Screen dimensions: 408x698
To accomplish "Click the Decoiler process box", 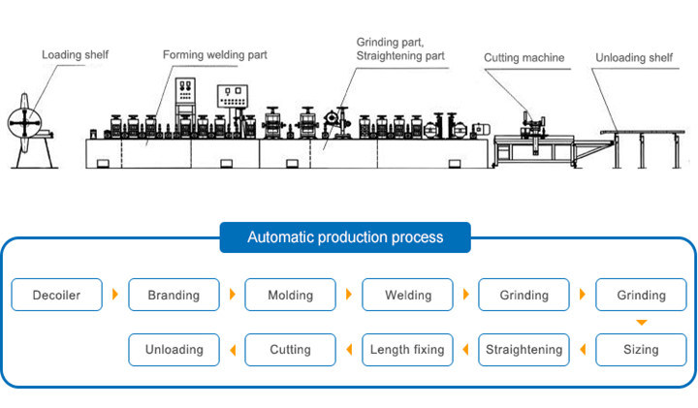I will click(x=56, y=295).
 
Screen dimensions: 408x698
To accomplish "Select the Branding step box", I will click(x=174, y=295).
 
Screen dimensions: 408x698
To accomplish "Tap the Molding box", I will click(x=290, y=295).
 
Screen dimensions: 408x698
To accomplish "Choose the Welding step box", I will click(x=407, y=295).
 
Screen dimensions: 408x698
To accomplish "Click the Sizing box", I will click(x=641, y=349).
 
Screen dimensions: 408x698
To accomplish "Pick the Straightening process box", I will click(x=523, y=349).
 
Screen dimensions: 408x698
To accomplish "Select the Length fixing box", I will click(x=407, y=349).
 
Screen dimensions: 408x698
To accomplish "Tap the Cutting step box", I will click(x=290, y=349).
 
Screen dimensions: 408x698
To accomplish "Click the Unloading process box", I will click(x=174, y=349).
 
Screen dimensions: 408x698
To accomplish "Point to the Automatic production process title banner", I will click(x=345, y=236).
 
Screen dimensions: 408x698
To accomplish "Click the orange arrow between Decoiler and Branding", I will click(x=115, y=295).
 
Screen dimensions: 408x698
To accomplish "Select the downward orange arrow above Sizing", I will click(x=641, y=322).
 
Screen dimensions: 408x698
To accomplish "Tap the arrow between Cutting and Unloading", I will click(x=232, y=349).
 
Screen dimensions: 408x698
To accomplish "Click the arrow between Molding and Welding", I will click(x=349, y=295).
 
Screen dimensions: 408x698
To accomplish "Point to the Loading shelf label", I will click(x=74, y=55).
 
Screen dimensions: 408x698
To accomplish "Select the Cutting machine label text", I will click(x=523, y=58).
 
